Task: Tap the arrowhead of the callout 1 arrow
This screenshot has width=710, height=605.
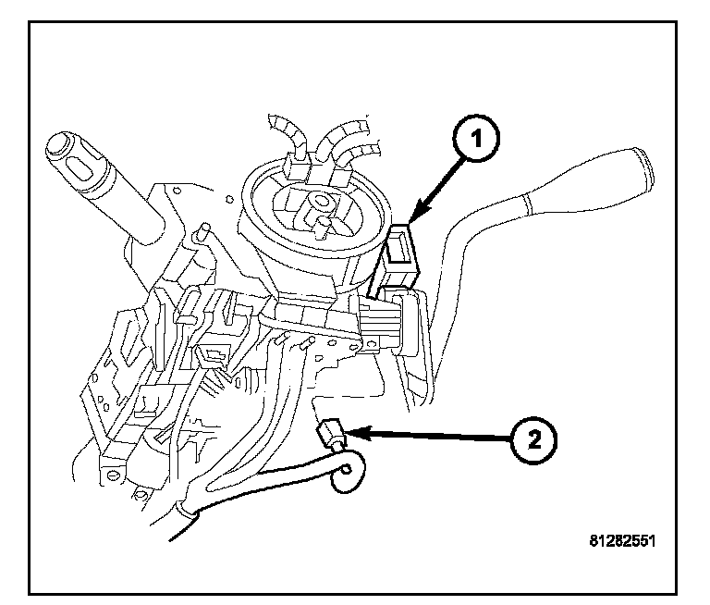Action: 411,219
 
